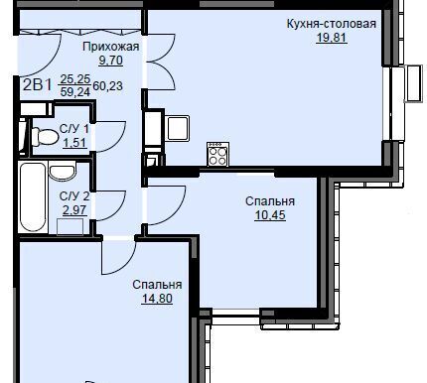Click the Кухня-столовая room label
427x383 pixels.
pyautogui.click(x=331, y=24)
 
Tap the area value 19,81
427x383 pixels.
pyautogui.click(x=332, y=38)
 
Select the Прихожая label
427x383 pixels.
pyautogui.click(x=111, y=47)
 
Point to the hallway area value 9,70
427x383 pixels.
pyautogui.click(x=111, y=61)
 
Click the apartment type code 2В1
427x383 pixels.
pyautogui.click(x=38, y=85)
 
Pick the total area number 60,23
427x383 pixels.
pyautogui.click(x=108, y=86)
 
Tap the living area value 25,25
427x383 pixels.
pyautogui.click(x=75, y=79)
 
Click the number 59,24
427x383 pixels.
pyautogui.click(x=75, y=92)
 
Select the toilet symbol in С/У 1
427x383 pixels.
pyautogui.click(x=45, y=137)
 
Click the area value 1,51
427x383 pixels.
pyautogui.click(x=74, y=143)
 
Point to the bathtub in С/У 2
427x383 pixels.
pyautogui.click(x=32, y=197)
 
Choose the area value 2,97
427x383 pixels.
pyautogui.click(x=74, y=209)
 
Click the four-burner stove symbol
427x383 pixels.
pyautogui.click(x=217, y=155)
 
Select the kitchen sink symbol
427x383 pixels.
pyautogui.click(x=178, y=128)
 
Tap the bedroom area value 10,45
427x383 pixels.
pyautogui.click(x=270, y=215)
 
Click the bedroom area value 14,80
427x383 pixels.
pyautogui.click(x=157, y=299)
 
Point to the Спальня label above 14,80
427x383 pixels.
pyautogui.click(x=157, y=285)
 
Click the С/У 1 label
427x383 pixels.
pyautogui.click(x=74, y=129)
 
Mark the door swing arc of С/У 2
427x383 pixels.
pyautogui.click(x=117, y=209)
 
